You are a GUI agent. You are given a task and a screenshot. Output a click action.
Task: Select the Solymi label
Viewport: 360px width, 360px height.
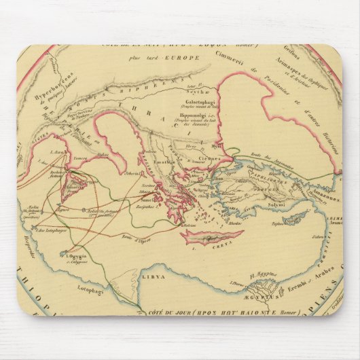point(279,204)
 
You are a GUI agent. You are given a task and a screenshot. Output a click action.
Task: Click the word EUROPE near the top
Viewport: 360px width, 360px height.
point(187,60)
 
